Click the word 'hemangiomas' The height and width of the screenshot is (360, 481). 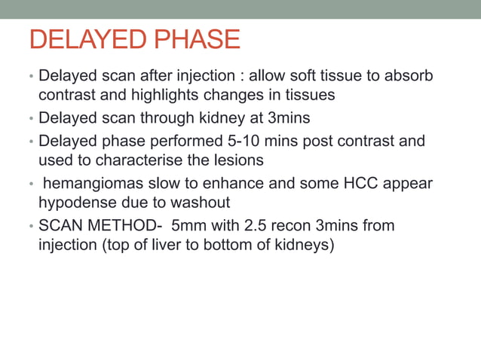[x=90, y=183]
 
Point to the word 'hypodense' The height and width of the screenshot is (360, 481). [x=72, y=203]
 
